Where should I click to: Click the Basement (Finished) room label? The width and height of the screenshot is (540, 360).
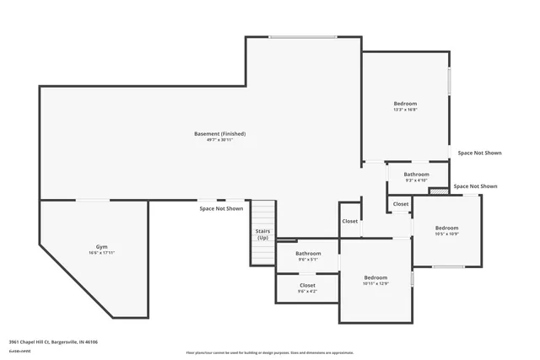point(219,133)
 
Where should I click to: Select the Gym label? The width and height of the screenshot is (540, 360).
point(101,246)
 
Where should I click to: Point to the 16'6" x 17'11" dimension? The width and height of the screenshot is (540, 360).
point(101,253)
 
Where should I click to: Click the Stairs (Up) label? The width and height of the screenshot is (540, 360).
point(263,234)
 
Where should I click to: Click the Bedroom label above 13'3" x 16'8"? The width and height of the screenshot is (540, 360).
point(405,103)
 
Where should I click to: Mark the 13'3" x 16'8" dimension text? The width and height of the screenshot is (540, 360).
point(405,110)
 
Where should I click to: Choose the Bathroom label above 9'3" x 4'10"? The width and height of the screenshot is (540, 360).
point(416,174)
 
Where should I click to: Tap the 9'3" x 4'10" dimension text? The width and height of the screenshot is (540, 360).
point(416,180)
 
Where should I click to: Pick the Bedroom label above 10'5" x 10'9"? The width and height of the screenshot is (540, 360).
point(446,228)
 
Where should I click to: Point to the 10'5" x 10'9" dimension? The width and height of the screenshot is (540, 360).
point(446,234)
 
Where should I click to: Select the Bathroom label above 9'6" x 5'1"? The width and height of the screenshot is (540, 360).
point(308,253)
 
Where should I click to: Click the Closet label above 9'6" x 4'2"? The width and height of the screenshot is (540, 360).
point(308,285)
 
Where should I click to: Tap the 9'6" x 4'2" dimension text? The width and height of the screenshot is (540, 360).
point(308,292)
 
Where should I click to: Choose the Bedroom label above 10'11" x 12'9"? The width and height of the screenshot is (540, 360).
point(375,277)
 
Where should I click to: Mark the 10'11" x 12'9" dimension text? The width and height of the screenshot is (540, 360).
point(375,284)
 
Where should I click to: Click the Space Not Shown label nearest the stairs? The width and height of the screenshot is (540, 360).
point(221,208)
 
